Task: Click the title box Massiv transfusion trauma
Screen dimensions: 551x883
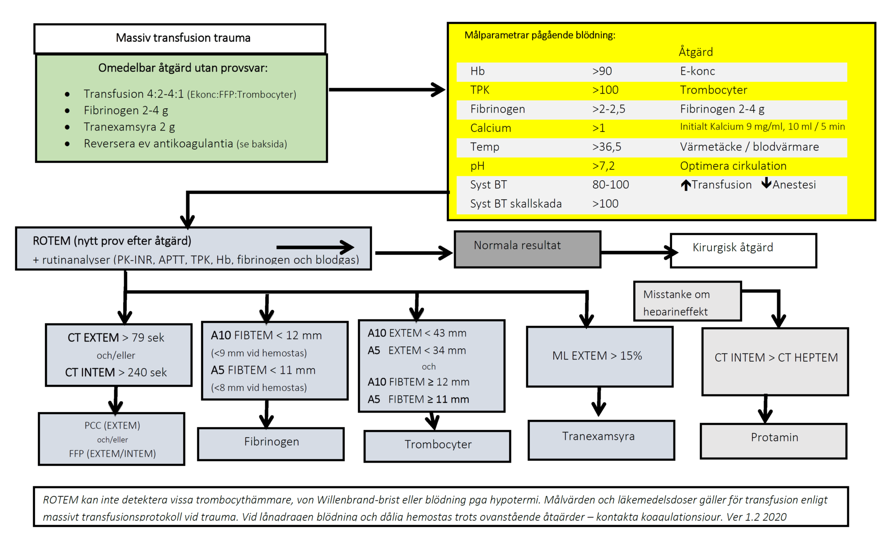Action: coord(180,38)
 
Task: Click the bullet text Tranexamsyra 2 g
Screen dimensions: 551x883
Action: coord(129,127)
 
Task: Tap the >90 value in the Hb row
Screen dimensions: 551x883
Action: coord(602,71)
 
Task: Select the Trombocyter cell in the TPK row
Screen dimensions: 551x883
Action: coord(713,90)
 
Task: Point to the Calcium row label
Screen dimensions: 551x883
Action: coord(490,128)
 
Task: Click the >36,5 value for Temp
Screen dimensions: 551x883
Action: coord(606,147)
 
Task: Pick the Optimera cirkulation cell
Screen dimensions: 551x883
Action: coord(733,166)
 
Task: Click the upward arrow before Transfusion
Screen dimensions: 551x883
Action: coord(686,185)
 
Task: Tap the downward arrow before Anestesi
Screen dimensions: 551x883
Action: coord(766,183)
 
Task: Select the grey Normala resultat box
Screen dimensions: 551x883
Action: coord(527,249)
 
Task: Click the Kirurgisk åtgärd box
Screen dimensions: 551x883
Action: coord(743,250)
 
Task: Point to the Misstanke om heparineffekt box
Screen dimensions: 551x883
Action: coord(687,301)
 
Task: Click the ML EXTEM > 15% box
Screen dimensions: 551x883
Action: coord(599,356)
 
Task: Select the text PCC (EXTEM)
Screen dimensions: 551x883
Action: coord(112,426)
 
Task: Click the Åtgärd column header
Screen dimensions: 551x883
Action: coord(695,52)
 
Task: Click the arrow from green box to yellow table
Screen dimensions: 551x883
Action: coord(386,90)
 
